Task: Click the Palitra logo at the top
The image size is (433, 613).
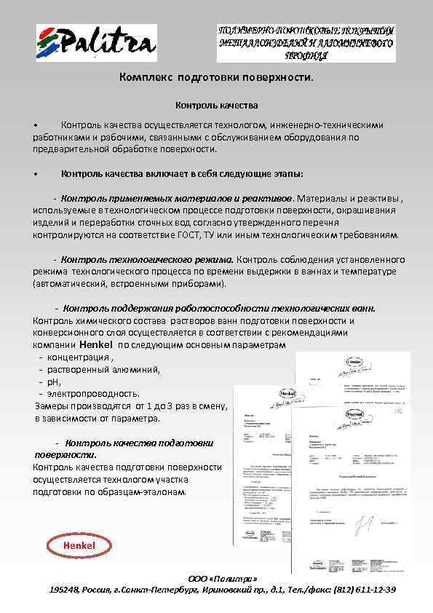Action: (x=96, y=43)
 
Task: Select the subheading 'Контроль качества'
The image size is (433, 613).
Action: (x=216, y=106)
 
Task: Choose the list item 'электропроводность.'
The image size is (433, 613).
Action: (x=88, y=394)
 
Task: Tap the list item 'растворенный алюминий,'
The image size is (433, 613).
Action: (x=103, y=370)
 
